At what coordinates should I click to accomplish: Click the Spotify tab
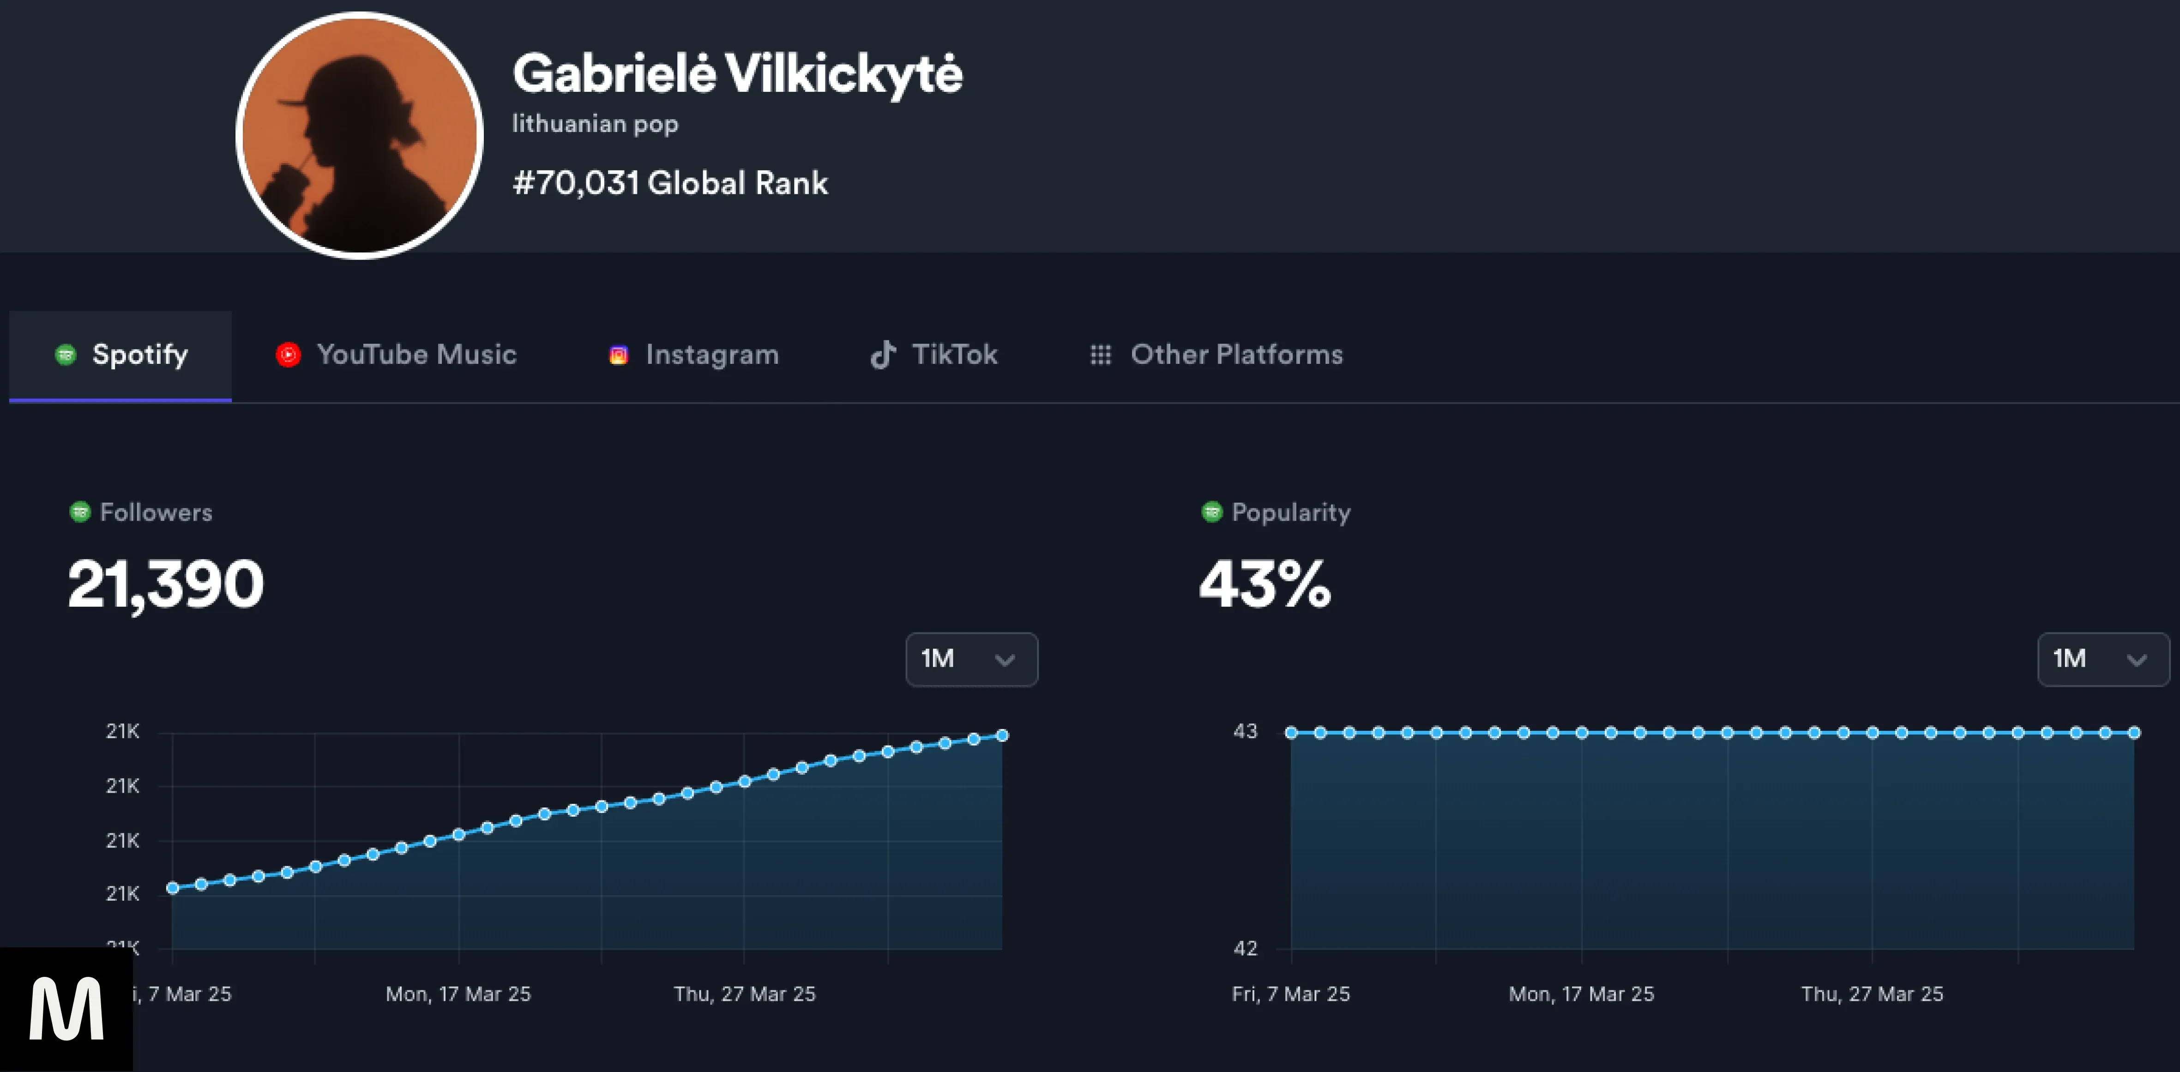coord(121,355)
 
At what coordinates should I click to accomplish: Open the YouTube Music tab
coord(396,355)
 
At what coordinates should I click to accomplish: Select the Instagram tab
coord(694,355)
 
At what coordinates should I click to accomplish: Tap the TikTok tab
coord(934,355)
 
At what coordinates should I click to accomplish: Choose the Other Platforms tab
coord(1216,355)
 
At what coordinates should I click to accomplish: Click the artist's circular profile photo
coord(360,135)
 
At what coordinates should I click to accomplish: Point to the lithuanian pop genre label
coord(595,124)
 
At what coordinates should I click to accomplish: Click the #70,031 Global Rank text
coord(670,183)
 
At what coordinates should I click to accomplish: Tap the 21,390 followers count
coord(166,584)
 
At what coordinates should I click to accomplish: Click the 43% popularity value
coord(1265,584)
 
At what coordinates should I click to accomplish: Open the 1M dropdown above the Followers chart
coord(971,659)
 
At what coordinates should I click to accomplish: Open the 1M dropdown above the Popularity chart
coord(2102,659)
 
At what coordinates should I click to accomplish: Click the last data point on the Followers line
coord(1002,735)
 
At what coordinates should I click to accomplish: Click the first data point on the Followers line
coord(173,887)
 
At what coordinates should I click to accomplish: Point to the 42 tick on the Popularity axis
coord(1245,948)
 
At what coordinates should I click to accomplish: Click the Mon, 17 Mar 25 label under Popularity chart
coord(1581,994)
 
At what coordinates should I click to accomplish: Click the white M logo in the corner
coord(66,1009)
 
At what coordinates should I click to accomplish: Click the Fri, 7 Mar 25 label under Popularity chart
coord(1290,994)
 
